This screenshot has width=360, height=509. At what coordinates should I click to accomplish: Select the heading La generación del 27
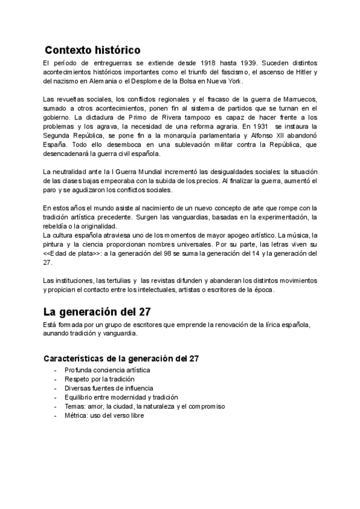pos(98,312)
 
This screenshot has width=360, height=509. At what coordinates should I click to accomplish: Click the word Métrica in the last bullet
pos(76,415)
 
